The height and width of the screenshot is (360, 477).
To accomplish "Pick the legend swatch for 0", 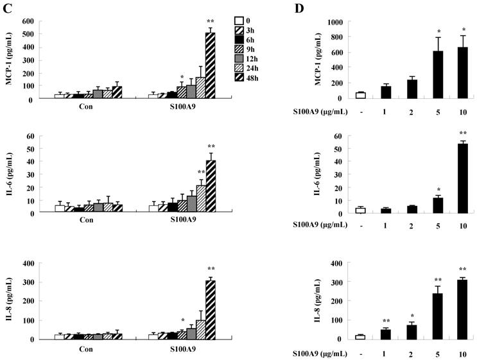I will pyautogui.click(x=239, y=21).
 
